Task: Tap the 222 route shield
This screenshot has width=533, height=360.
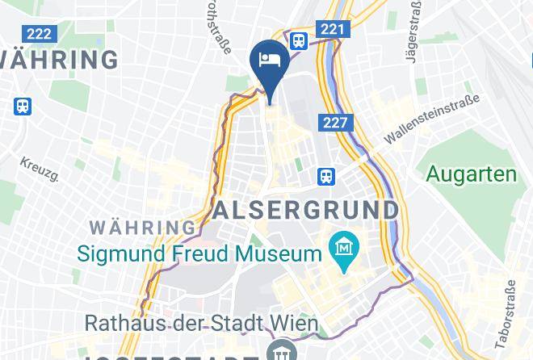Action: coord(37,34)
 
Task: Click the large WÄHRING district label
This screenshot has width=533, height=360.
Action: coord(59,60)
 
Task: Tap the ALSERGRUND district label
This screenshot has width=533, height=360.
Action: coord(306,211)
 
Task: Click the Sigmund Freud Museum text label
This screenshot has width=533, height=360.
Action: coord(199,255)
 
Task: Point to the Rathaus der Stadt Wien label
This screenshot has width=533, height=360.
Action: coord(201,324)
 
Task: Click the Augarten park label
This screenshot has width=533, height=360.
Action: coord(471,174)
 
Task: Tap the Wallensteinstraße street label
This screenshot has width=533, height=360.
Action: coord(431,119)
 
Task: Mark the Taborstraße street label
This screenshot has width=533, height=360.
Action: coord(510,310)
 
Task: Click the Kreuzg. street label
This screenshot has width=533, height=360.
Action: coord(40,169)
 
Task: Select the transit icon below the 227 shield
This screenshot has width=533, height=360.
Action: coord(326,174)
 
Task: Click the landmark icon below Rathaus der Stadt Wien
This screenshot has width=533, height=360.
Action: coord(282,353)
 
